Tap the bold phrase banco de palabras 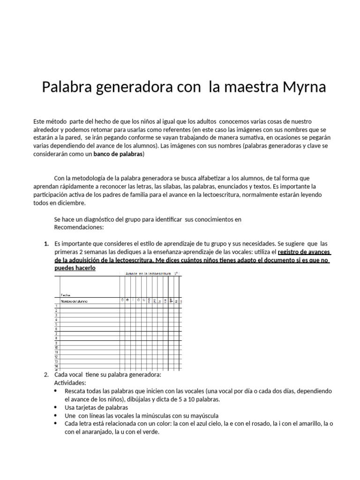tap(119, 154)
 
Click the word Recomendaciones tap(79, 227)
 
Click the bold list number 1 tap(46, 244)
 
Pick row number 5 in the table tap(56, 324)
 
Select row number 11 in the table tap(56, 352)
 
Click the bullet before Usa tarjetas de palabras tap(56, 407)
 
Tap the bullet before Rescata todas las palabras tap(56, 391)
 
